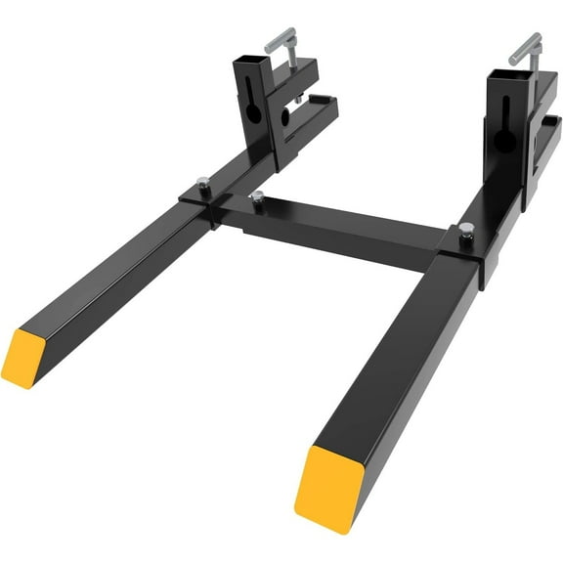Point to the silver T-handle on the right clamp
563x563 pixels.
point(526,46)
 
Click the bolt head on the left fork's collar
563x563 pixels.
point(202,182)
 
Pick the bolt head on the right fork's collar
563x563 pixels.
point(466,230)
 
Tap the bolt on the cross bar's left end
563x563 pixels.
point(257,198)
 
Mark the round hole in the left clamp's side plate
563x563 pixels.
point(286,116)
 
